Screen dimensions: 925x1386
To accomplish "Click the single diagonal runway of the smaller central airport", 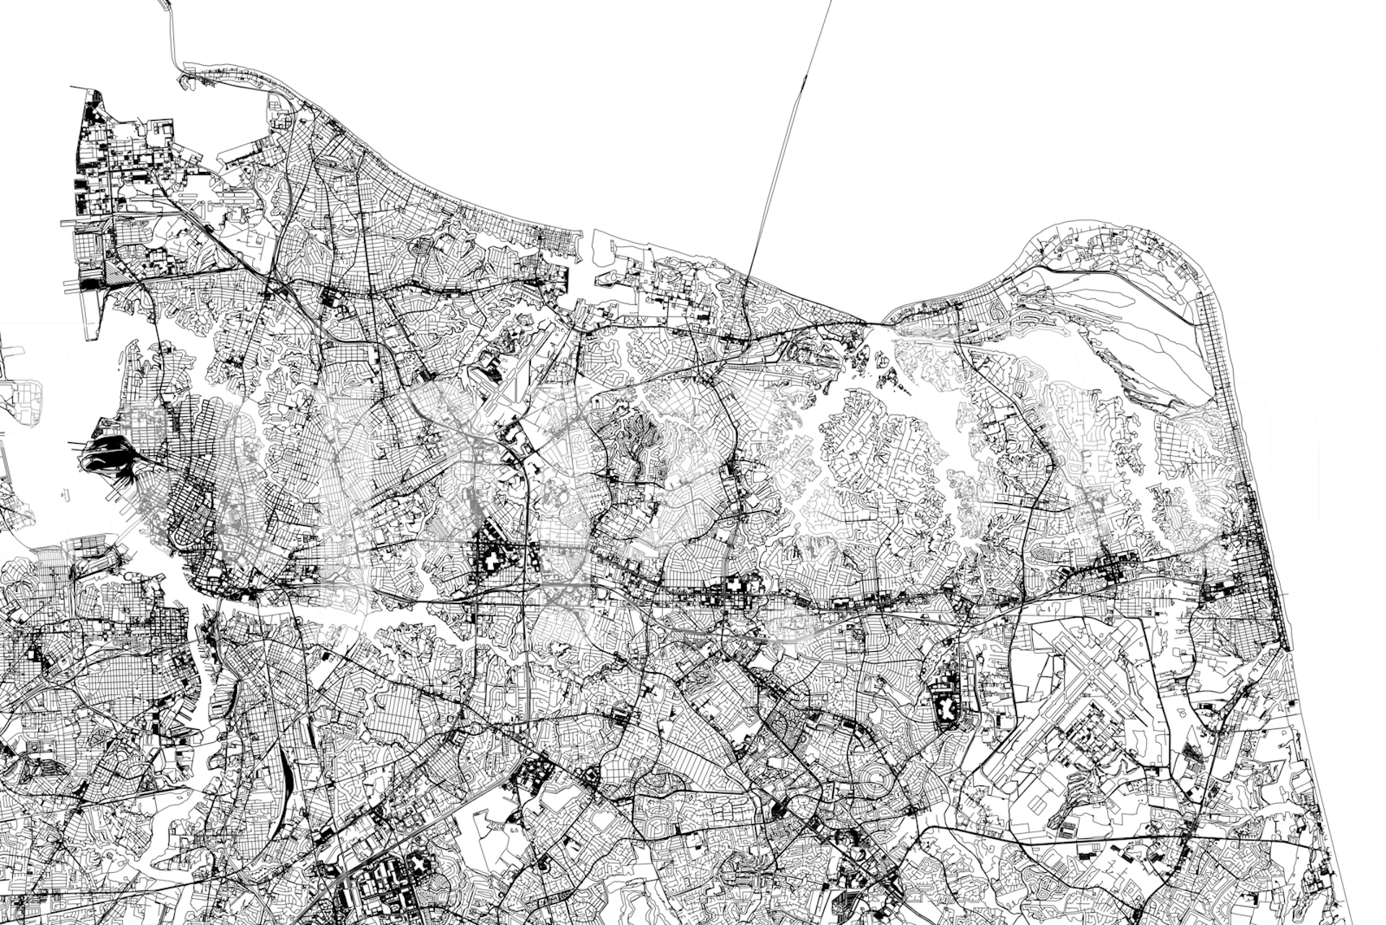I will pos(516,376).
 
